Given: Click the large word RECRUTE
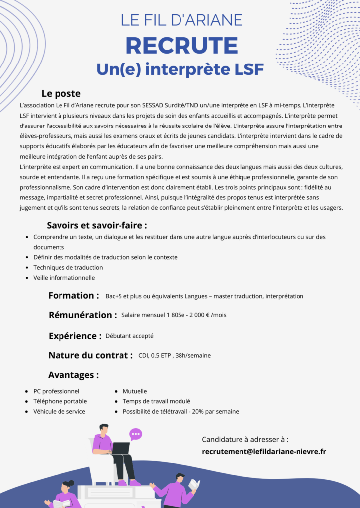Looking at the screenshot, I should coord(181,45).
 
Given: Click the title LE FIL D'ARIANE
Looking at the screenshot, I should coord(181,20).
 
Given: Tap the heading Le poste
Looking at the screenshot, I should coord(60,93).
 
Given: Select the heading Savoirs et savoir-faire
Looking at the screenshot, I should coord(97,225).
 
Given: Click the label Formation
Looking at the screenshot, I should coord(73,296).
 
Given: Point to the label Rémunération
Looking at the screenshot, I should coord(82,315).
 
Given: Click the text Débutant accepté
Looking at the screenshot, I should coord(129,336).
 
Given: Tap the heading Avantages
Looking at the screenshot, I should coord(73,375).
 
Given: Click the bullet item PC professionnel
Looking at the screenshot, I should coord(56,391).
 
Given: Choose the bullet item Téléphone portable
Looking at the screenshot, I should coord(60,401).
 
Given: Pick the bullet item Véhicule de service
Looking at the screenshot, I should coord(59,411).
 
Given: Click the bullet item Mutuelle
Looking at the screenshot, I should coord(135,391).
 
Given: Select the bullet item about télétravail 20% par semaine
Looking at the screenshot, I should coord(180,411).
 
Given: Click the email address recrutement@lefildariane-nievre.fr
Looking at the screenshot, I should coord(264,451).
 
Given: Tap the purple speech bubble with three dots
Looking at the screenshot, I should coord(136,434).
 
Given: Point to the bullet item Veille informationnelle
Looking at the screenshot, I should coord(64,278).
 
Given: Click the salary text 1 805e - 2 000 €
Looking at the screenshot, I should coord(183,315).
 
